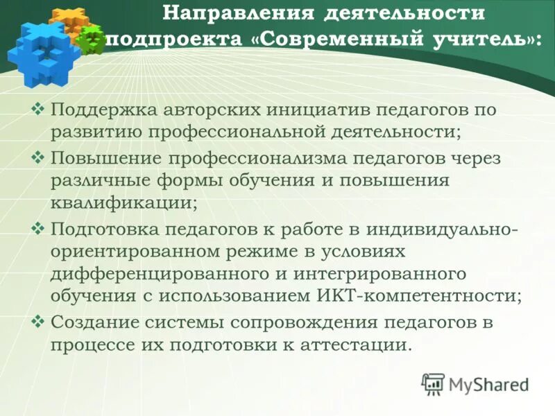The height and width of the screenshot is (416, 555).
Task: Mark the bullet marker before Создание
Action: point(39,322)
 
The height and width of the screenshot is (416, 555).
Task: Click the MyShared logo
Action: point(475,383)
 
